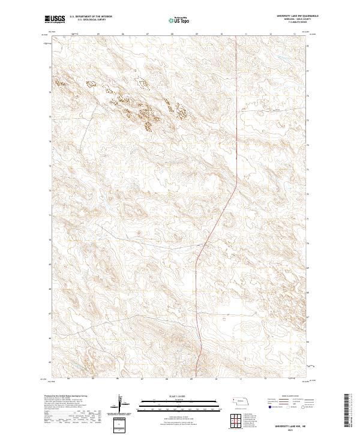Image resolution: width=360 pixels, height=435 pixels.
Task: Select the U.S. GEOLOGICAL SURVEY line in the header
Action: tap(88, 20)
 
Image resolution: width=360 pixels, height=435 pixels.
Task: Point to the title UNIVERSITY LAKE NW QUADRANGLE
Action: tap(298, 16)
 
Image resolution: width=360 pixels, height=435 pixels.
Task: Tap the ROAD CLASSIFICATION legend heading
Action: tap(288, 397)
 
